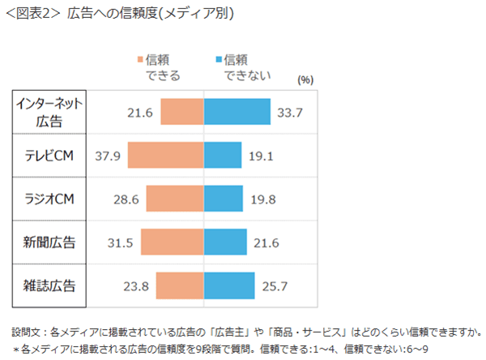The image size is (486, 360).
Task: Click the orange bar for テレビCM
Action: coord(165,155)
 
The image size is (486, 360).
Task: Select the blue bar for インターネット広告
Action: coord(237,112)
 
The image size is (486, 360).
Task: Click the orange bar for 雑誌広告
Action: coord(180,285)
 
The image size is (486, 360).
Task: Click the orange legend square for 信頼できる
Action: coord(141,60)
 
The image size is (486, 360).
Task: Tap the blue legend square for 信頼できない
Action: coord(219,60)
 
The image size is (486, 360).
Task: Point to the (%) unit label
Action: coord(305,79)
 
